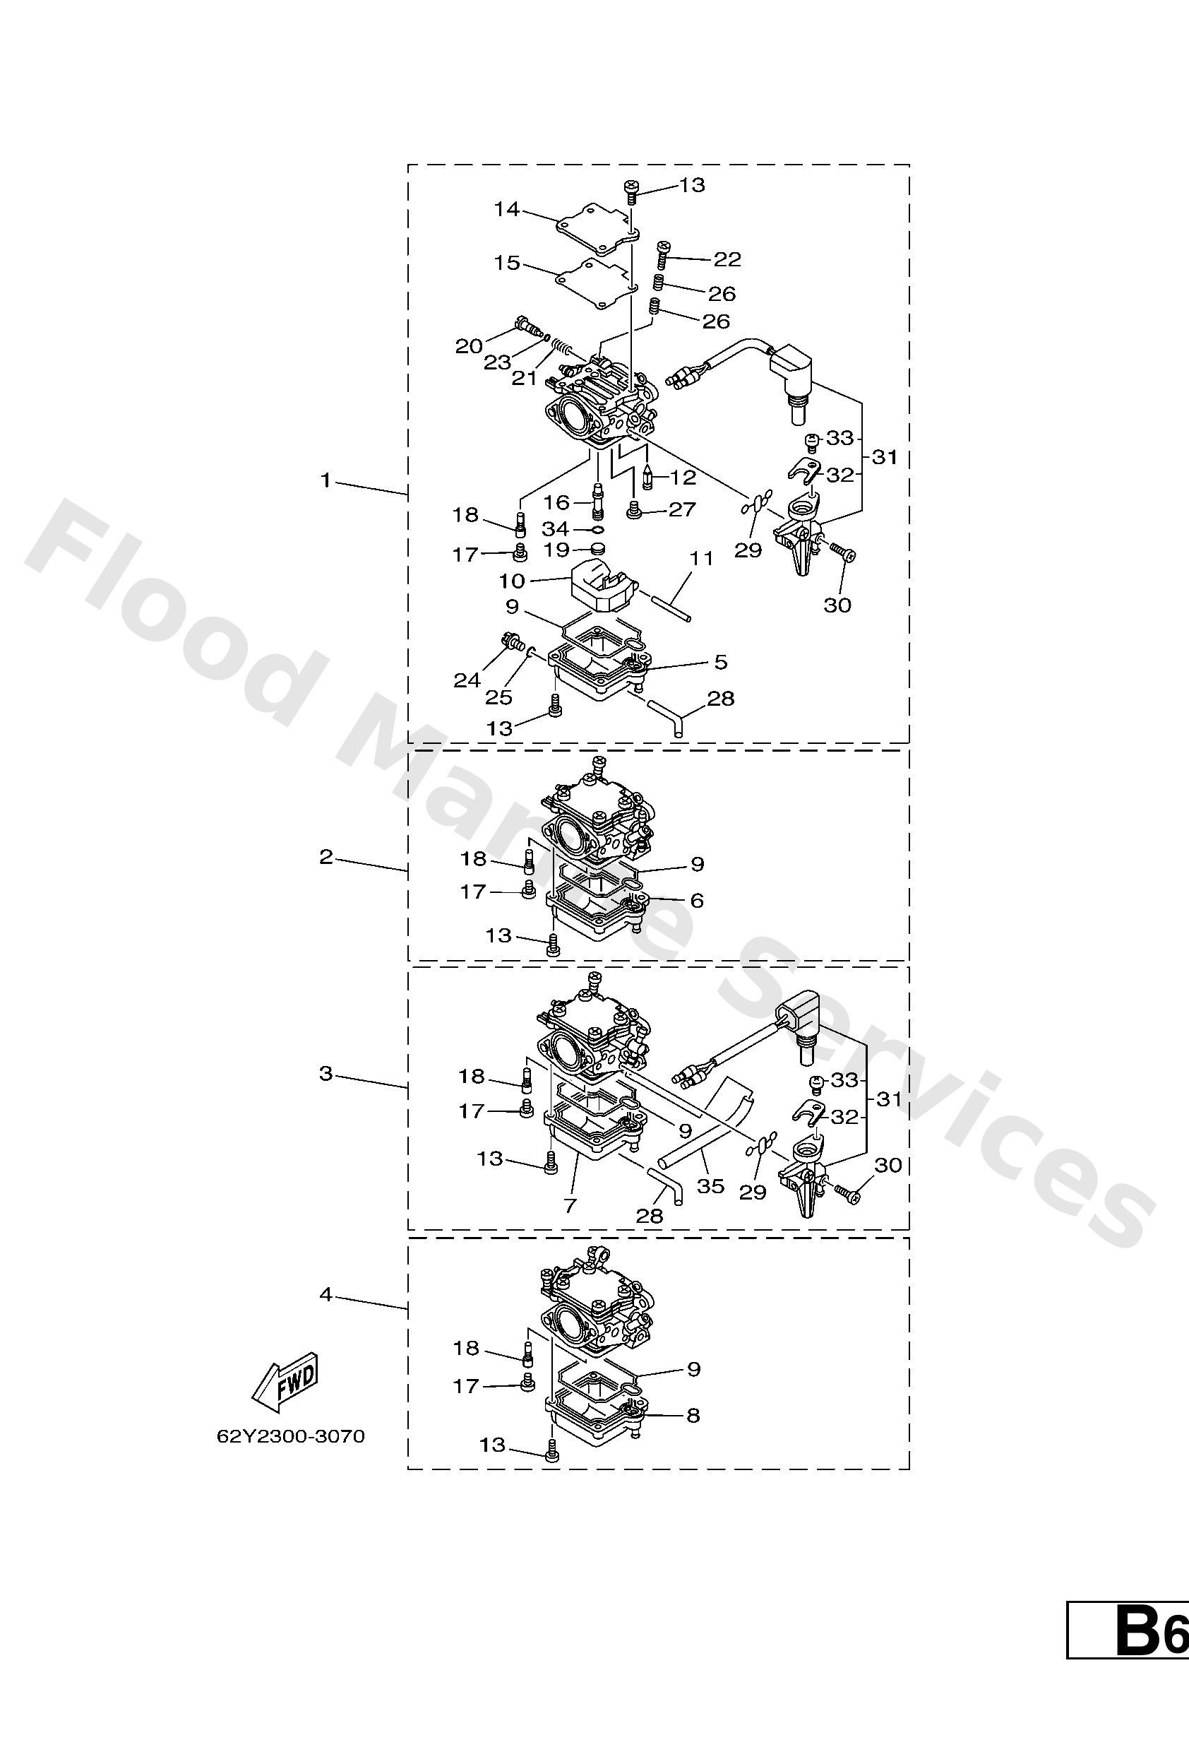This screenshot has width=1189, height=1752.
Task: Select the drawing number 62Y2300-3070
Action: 291,1436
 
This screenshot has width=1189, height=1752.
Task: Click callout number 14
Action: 507,209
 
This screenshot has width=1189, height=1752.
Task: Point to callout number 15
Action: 507,262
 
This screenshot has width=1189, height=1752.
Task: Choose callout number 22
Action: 727,259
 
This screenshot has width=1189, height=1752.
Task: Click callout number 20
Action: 468,346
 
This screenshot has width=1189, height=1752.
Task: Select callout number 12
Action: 683,477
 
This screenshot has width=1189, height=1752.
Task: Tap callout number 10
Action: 512,581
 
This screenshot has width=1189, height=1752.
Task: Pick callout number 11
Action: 702,559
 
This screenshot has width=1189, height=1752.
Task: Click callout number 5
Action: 721,662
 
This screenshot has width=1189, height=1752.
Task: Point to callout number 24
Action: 467,681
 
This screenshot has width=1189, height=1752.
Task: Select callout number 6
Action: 697,900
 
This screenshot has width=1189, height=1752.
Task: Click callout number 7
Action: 570,1205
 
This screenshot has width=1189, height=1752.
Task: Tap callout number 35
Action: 710,1186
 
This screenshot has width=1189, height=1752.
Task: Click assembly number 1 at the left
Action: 325,480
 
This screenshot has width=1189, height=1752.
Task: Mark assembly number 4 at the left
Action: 325,1294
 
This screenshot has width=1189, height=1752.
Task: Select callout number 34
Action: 556,528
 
